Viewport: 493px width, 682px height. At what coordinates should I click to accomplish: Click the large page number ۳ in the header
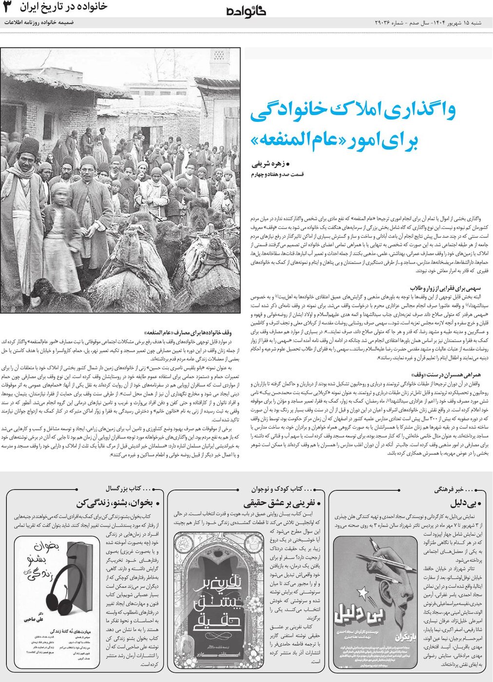[x=7, y=7]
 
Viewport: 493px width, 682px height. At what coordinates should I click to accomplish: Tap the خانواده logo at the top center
[x=246, y=11]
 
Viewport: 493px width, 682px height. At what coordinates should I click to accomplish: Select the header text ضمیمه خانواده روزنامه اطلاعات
[x=39, y=22]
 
